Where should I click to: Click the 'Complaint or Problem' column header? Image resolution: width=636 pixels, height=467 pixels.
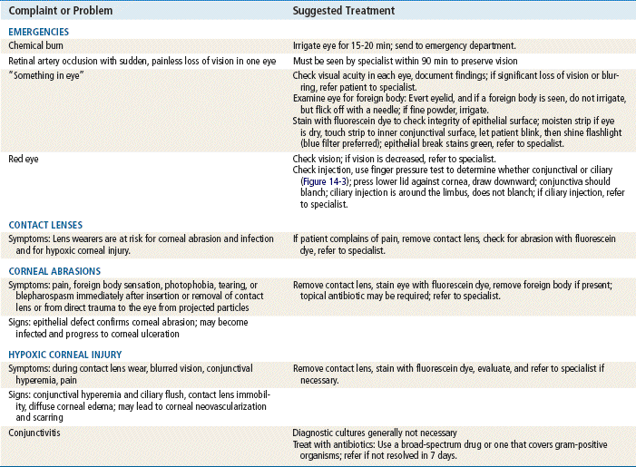pyautogui.click(x=59, y=10)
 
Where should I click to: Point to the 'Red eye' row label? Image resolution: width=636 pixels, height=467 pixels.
pyautogui.click(x=23, y=157)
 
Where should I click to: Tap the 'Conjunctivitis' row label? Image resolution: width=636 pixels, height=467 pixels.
pyautogui.click(x=34, y=433)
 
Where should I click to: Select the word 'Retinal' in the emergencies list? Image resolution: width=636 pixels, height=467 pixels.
pyautogui.click(x=24, y=58)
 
